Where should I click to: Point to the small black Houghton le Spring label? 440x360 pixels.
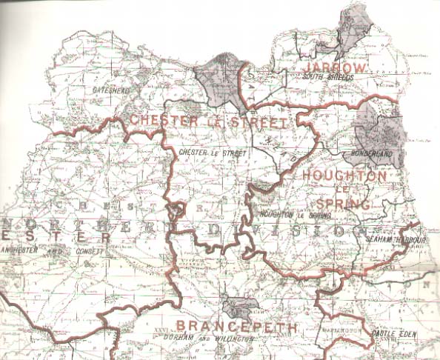294,215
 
